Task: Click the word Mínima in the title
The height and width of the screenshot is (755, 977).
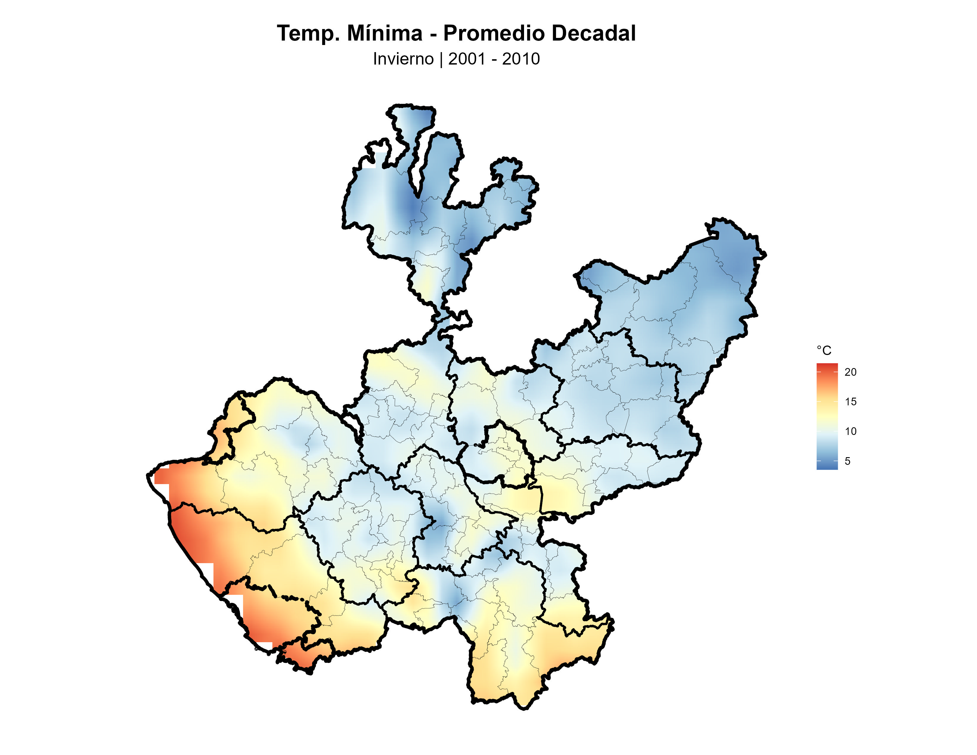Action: (384, 33)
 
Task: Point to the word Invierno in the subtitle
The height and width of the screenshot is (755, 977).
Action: (403, 59)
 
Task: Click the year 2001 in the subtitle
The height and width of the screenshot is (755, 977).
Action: (467, 59)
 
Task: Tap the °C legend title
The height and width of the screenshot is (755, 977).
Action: (824, 350)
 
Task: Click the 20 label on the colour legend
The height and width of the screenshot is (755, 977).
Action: (850, 372)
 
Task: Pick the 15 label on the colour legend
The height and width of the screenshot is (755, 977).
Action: (850, 402)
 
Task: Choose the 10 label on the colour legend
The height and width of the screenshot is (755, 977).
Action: (850, 431)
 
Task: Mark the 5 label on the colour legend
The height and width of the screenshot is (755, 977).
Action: (847, 461)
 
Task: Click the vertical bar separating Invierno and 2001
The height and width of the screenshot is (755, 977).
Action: (441, 59)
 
